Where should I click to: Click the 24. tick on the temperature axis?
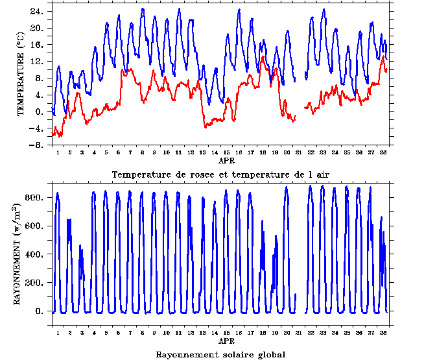tap(37, 12)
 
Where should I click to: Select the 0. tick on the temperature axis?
tap(40, 112)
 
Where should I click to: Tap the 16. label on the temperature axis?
tap(37, 45)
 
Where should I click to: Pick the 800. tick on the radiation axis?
tap(34, 197)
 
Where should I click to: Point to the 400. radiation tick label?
tap(34, 254)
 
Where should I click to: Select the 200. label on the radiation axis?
tap(34, 283)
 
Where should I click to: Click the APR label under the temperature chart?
tap(226, 160)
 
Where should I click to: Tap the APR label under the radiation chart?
tap(226, 341)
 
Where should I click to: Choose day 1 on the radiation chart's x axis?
tap(58, 333)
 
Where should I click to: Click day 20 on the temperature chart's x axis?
tap(287, 153)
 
